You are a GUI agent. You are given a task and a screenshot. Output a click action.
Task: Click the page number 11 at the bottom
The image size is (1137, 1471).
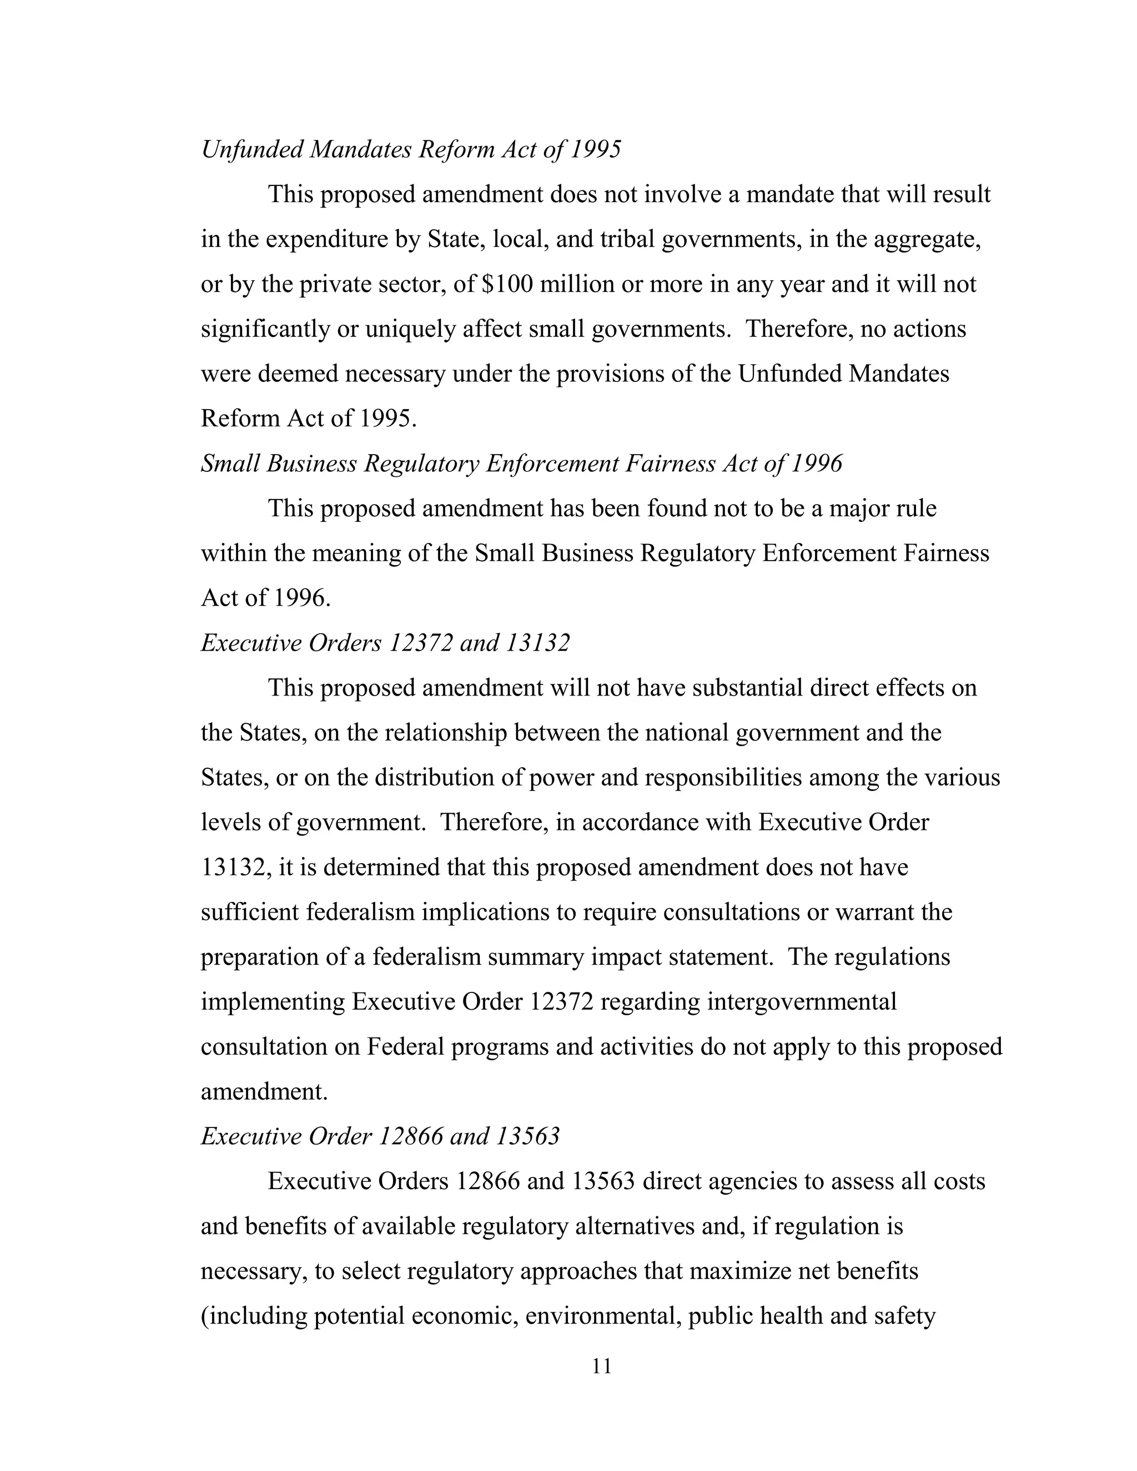pos(601,1366)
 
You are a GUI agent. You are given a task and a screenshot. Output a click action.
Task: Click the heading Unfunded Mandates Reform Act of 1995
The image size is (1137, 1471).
pos(411,149)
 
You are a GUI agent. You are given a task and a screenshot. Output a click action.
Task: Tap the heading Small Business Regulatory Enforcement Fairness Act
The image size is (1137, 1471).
pos(521,464)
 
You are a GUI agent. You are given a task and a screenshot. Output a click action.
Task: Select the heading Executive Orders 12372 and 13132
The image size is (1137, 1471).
pos(385,643)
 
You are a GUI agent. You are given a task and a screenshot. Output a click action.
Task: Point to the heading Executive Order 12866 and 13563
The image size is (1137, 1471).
pos(380,1136)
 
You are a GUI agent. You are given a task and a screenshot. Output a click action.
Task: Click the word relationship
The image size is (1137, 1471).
pos(445,732)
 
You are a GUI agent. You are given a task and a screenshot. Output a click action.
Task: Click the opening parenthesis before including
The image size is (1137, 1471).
pos(205,1316)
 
